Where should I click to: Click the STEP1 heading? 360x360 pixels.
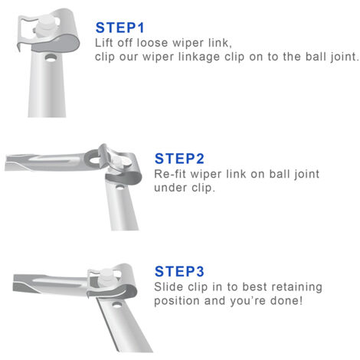[x=119, y=28]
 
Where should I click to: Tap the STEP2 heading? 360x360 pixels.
[x=179, y=159]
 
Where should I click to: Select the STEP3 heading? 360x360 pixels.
[x=179, y=271]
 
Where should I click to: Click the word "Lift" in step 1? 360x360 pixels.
[x=103, y=43]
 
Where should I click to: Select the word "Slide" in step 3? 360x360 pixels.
[x=169, y=286]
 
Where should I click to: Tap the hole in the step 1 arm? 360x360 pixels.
[x=51, y=58]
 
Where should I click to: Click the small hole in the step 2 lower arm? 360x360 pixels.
[x=119, y=188]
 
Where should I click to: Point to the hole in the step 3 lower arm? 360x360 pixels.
[x=116, y=304]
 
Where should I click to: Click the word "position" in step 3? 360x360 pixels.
[x=176, y=301]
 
